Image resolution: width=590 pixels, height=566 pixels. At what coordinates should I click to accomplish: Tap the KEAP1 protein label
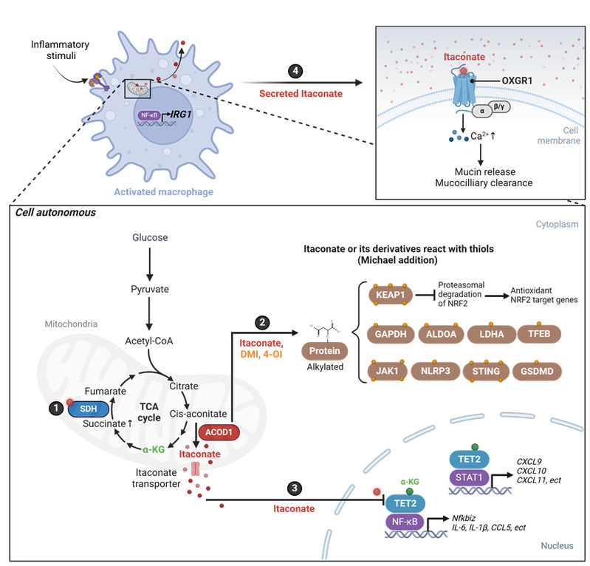point(393,295)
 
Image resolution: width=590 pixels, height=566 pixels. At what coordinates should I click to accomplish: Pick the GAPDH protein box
point(392,333)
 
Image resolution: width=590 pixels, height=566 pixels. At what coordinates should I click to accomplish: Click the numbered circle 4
point(295,72)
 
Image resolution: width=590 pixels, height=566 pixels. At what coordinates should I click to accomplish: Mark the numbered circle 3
point(295,488)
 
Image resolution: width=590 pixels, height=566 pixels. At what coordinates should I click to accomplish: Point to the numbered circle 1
point(55,389)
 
